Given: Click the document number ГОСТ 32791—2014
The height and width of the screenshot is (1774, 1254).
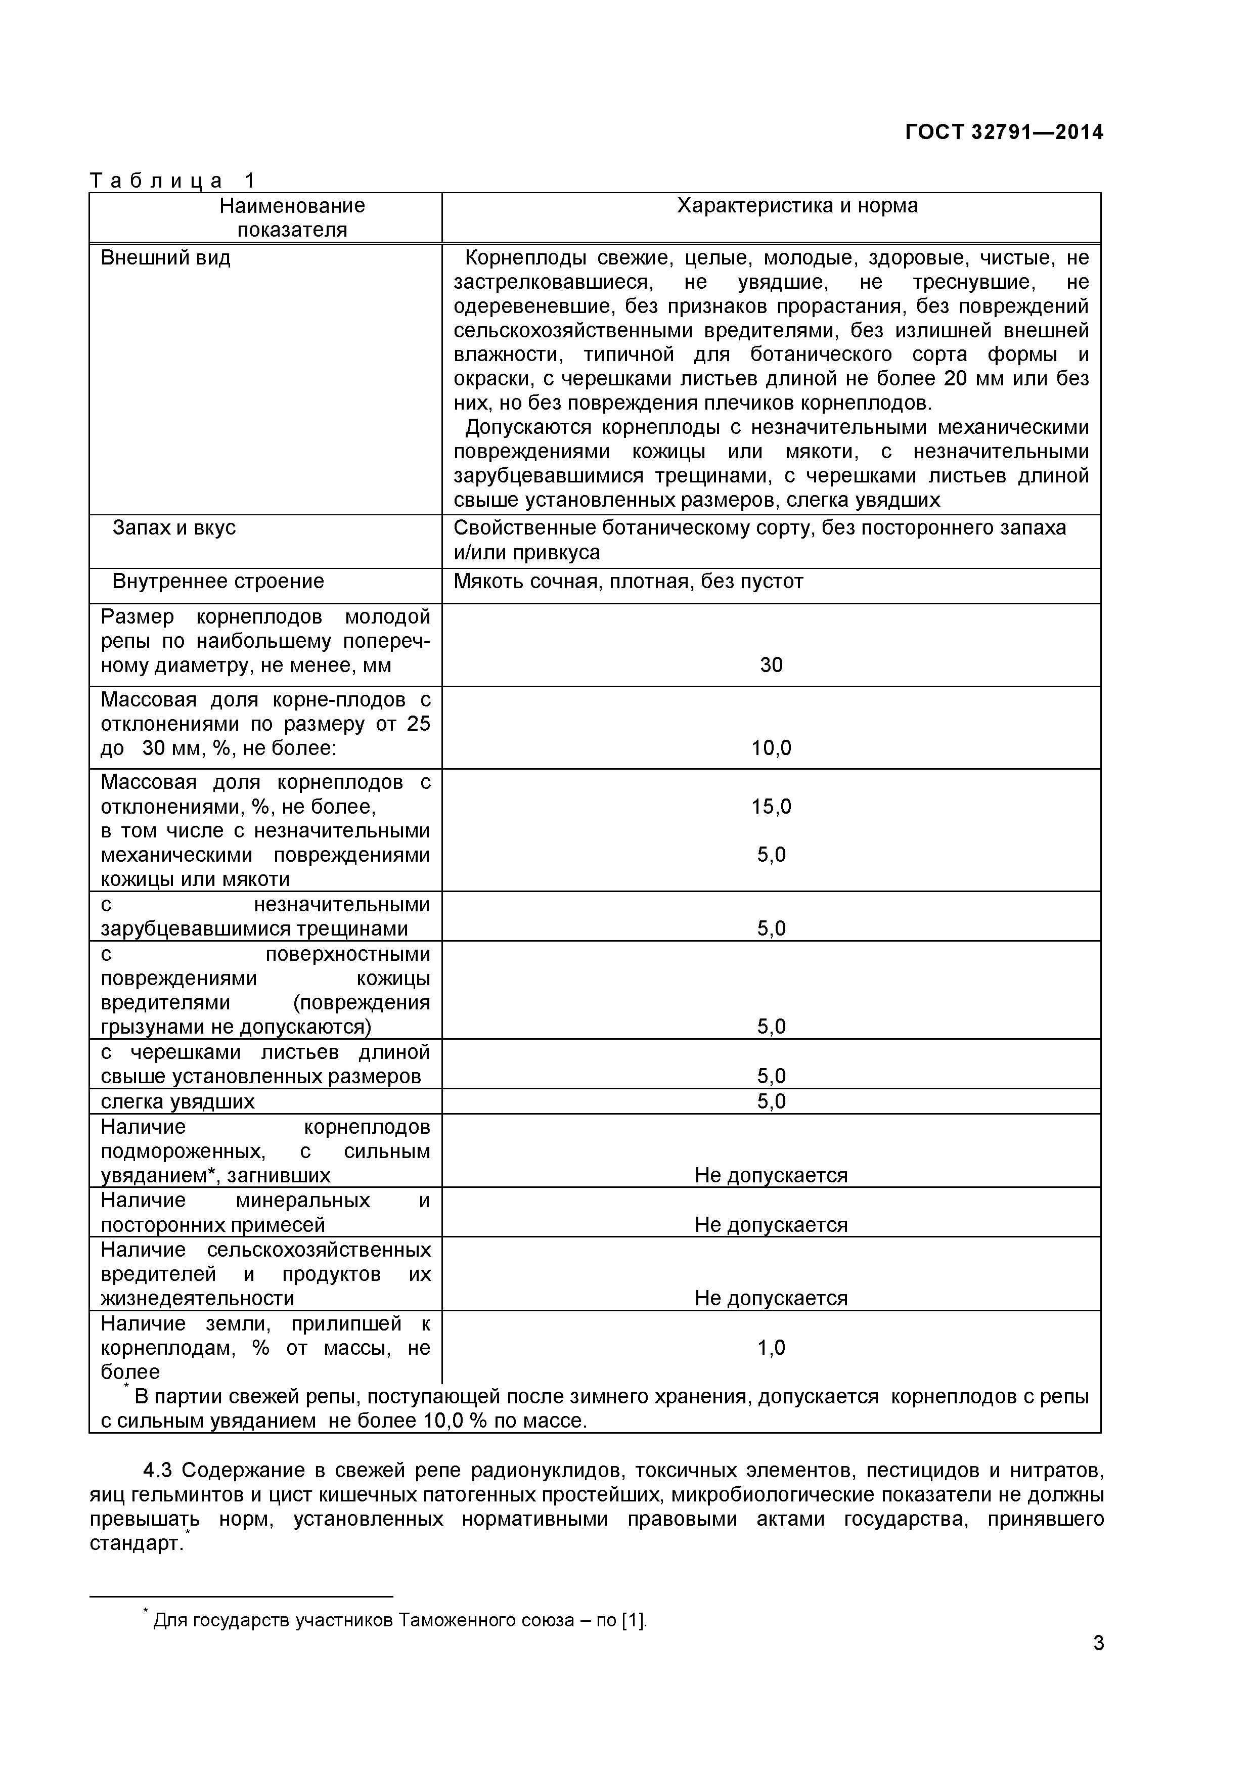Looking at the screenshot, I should [x=1004, y=132].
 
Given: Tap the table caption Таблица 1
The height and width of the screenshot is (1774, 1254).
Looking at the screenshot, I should [x=171, y=181].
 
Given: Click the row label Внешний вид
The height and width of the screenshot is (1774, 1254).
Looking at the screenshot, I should [x=165, y=257].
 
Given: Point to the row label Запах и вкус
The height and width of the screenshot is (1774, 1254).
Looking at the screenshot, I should [x=174, y=528].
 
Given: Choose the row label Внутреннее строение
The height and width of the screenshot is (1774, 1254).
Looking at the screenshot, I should [x=218, y=581].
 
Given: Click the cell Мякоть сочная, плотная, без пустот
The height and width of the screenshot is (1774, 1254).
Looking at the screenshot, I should [x=628, y=581].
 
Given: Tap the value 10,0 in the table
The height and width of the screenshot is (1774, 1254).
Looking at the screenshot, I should [x=771, y=748].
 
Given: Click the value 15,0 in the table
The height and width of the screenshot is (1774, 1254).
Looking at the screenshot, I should [x=771, y=807].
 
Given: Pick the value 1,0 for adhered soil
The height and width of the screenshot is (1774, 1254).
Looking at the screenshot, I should [x=771, y=1348].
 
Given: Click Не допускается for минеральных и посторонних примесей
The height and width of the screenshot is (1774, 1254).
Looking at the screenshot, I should [x=771, y=1225].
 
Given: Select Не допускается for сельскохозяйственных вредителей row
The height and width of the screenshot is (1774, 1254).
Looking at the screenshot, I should [x=771, y=1298].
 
